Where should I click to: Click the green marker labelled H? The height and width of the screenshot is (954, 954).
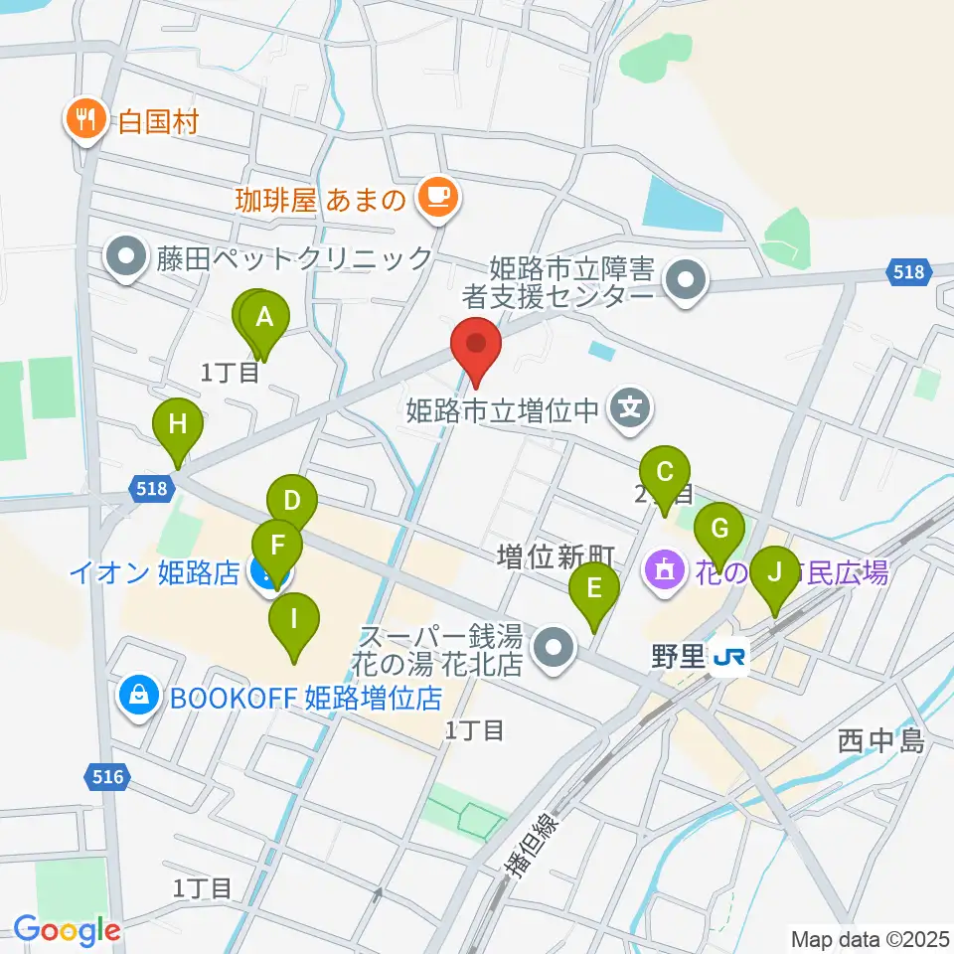pos(178,425)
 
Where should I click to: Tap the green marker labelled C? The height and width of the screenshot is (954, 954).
pos(666,472)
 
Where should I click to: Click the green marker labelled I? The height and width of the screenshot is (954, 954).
pos(294,620)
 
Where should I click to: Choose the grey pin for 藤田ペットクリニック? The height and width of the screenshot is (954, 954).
pos(126,258)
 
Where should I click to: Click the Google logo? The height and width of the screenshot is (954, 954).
pos(66,931)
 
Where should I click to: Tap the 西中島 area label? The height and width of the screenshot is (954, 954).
pos(880,740)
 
